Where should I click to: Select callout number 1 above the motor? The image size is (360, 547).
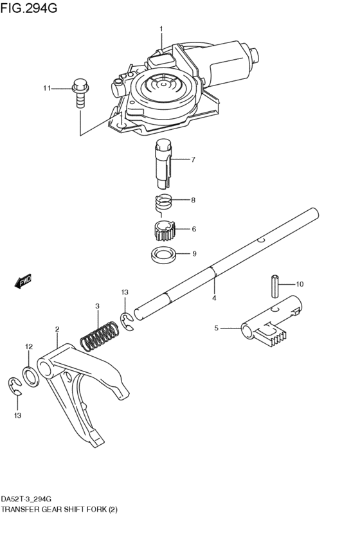click(161, 28)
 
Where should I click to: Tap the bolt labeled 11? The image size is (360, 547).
click(80, 91)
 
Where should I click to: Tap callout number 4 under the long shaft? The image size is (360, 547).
click(214, 298)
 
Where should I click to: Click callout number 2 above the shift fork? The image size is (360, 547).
click(57, 328)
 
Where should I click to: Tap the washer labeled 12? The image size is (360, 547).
click(30, 372)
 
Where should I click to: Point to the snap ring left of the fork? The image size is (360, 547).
click(15, 388)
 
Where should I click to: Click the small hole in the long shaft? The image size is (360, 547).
click(261, 241)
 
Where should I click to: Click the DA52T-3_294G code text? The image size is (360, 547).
click(26, 499)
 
